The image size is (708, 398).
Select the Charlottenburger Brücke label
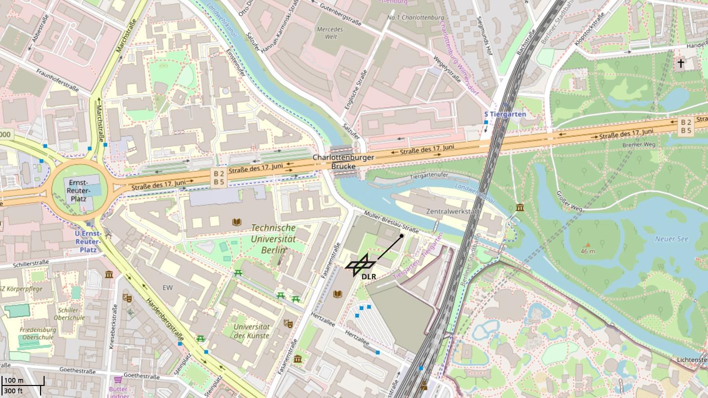pos(344,162)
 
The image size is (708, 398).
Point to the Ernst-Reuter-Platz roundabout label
pos(79,190)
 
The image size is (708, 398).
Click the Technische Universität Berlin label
pos(273,239)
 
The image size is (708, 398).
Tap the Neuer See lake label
pos(671,239)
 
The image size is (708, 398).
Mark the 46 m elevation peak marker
pos(588,245)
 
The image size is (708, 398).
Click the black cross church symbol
pos(681,64)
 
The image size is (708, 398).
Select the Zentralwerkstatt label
pos(452,211)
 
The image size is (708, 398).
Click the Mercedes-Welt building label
pos(331,33)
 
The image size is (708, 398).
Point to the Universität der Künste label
pos(252,331)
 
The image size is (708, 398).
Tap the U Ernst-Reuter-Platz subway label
pos(88,241)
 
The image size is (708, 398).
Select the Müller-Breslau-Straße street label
pos(391,222)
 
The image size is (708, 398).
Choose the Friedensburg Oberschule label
pos(38,333)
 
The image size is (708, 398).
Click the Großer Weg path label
pos(570,202)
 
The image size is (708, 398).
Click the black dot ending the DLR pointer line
pos(401,236)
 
